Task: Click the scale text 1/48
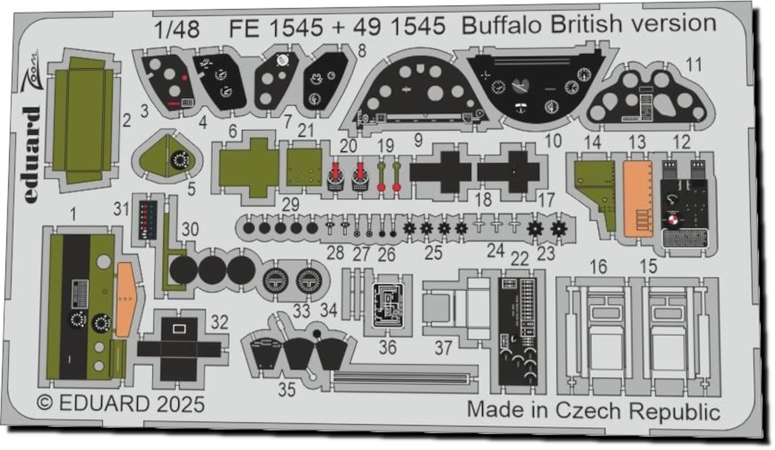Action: [177, 29]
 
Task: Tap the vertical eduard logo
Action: [33, 155]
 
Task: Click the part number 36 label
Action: [387, 347]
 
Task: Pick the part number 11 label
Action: [693, 65]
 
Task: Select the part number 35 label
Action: [287, 389]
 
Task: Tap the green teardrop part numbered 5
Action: [168, 158]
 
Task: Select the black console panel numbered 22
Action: [517, 333]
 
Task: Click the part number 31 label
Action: [121, 209]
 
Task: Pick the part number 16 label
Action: [598, 267]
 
